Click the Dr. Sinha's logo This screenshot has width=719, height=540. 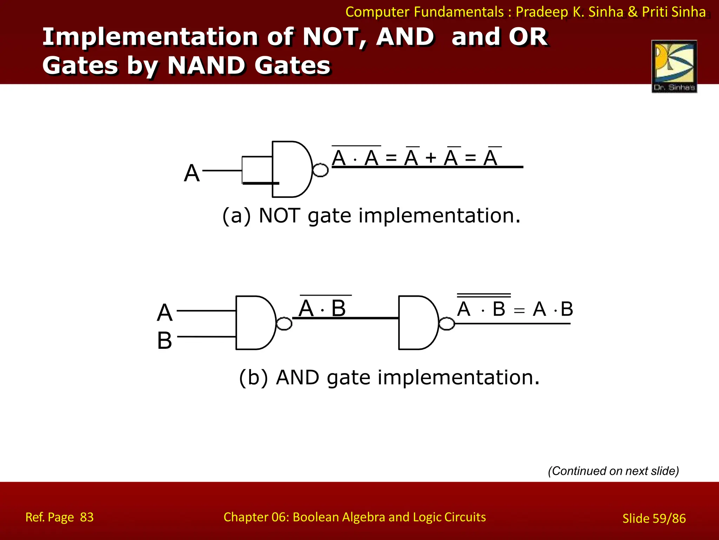tap(674, 66)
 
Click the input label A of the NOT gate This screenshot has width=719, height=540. tap(192, 173)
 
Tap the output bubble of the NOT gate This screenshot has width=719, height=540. tap(320, 170)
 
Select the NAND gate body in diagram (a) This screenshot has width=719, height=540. tap(290, 169)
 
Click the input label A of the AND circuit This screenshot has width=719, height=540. tap(165, 313)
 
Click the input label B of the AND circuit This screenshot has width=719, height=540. tap(165, 340)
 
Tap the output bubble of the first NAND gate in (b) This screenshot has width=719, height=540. tap(284, 323)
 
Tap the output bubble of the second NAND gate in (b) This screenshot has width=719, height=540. tap(447, 323)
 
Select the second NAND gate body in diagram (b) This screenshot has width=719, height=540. tap(417, 323)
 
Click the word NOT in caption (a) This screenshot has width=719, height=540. tap(279, 216)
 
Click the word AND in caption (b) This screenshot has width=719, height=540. tap(297, 378)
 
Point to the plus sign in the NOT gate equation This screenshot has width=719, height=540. tap(431, 158)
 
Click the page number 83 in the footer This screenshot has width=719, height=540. tap(87, 517)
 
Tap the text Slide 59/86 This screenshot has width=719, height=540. tap(654, 518)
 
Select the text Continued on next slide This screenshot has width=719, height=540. tap(613, 471)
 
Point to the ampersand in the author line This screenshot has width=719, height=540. tap(633, 12)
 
